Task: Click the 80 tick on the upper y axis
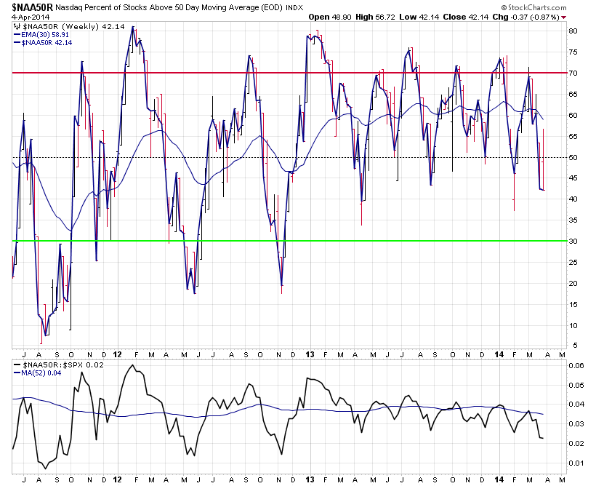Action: (x=573, y=31)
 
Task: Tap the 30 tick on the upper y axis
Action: (x=573, y=241)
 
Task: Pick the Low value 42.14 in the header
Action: (x=433, y=16)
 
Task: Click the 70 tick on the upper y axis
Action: (x=573, y=73)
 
